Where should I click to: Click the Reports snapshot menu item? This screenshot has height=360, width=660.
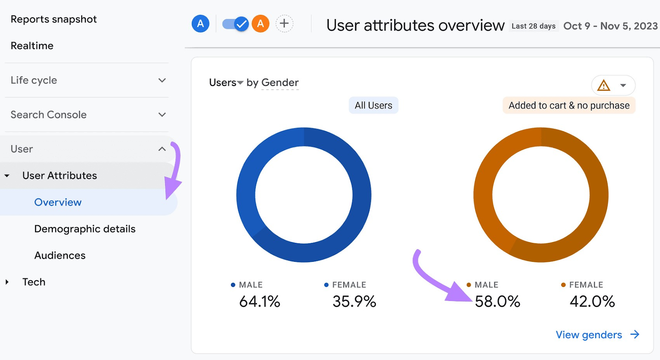click(54, 19)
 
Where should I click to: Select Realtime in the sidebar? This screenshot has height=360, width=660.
click(32, 46)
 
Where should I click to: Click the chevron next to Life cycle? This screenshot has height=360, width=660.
click(162, 80)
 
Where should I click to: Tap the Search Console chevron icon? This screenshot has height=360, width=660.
click(162, 115)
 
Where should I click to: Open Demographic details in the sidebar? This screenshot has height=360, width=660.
click(85, 229)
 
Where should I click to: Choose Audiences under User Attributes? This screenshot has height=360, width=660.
click(60, 256)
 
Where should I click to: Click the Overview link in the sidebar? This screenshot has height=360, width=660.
click(58, 202)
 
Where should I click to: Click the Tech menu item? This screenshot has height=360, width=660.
click(34, 282)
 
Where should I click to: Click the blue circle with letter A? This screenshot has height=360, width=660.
click(200, 24)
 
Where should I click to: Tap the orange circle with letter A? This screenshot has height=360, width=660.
click(261, 24)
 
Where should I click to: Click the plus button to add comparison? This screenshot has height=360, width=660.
click(284, 24)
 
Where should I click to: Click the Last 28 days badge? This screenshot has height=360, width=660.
click(533, 26)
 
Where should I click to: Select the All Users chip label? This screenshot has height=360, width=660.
click(373, 106)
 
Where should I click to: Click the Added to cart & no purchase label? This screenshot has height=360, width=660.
click(569, 106)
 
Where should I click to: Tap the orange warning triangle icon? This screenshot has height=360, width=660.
click(603, 85)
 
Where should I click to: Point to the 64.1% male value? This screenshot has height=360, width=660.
click(259, 301)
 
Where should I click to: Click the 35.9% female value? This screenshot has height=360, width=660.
click(354, 301)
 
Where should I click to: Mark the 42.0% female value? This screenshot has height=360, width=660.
click(592, 301)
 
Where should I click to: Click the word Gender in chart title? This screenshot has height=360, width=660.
click(280, 82)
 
